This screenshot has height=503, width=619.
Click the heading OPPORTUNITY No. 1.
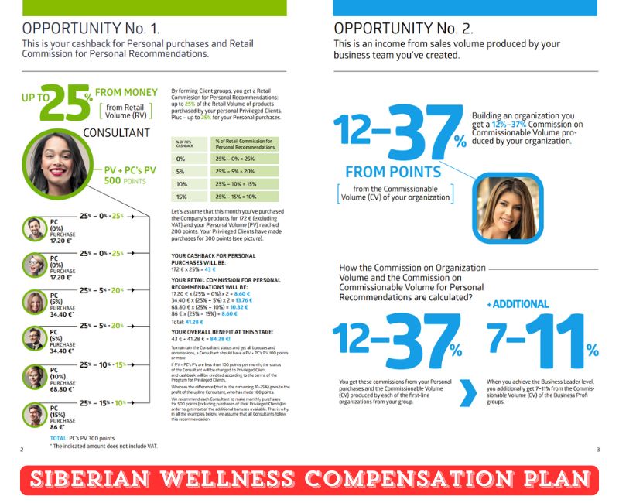point(90,29)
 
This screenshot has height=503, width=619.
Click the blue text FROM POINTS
point(393,172)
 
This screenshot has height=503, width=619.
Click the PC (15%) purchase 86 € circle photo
point(35,415)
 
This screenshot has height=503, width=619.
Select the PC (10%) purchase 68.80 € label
point(63,377)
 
